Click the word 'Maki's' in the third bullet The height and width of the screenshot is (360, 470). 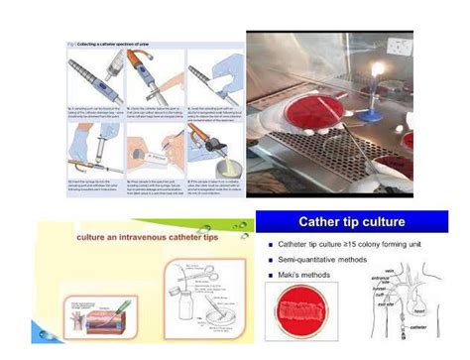(x=294, y=274)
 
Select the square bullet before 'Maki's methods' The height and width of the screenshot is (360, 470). (x=270, y=274)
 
